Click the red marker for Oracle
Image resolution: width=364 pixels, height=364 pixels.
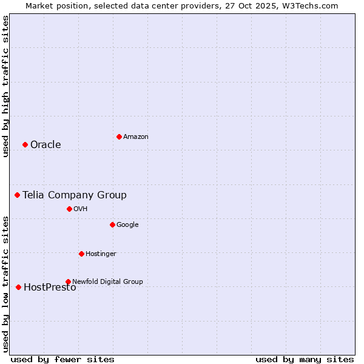[x=25, y=144]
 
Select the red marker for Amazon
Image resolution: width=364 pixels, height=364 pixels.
[x=119, y=136]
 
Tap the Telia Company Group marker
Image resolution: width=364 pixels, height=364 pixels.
[x=18, y=195]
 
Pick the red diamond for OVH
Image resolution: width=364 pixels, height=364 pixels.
[x=69, y=209]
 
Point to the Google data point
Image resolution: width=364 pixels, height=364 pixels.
[x=112, y=224]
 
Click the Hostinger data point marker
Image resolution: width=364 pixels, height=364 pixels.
[x=81, y=254]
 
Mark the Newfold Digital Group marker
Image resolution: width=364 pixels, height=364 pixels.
[x=68, y=281]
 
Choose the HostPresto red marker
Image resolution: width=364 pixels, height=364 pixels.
[x=18, y=287]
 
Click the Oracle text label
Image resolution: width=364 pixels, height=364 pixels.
[x=45, y=144]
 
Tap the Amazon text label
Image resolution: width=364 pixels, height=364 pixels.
[x=136, y=136]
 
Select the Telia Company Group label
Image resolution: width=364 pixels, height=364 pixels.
[x=75, y=195]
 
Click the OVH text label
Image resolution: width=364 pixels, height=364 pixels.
[x=81, y=209]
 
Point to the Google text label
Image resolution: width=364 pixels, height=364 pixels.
[x=127, y=224]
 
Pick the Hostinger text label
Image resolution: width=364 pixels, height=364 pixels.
[x=101, y=254]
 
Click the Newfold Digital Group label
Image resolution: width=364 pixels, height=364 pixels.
[x=107, y=281]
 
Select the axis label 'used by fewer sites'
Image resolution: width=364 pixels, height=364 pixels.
[x=62, y=359]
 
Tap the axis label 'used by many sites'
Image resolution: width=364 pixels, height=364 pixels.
[x=305, y=359]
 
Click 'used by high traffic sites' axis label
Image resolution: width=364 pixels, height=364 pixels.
[x=5, y=86]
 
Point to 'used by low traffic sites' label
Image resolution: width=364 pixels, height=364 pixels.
[x=5, y=284]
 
